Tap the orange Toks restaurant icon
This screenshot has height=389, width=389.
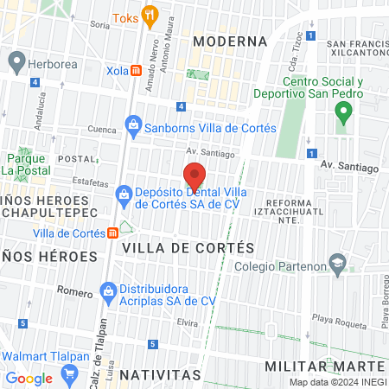click(150, 14)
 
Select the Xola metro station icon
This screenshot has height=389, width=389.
click(137, 71)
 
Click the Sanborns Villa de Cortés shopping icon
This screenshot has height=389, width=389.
click(133, 128)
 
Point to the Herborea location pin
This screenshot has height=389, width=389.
click(16, 62)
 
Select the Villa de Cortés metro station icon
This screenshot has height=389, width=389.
click(112, 233)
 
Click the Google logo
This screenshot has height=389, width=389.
click(29, 378)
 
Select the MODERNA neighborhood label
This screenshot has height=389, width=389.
click(229, 41)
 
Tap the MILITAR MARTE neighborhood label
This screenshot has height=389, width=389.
click(330, 367)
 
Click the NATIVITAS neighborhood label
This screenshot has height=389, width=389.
click(160, 375)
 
